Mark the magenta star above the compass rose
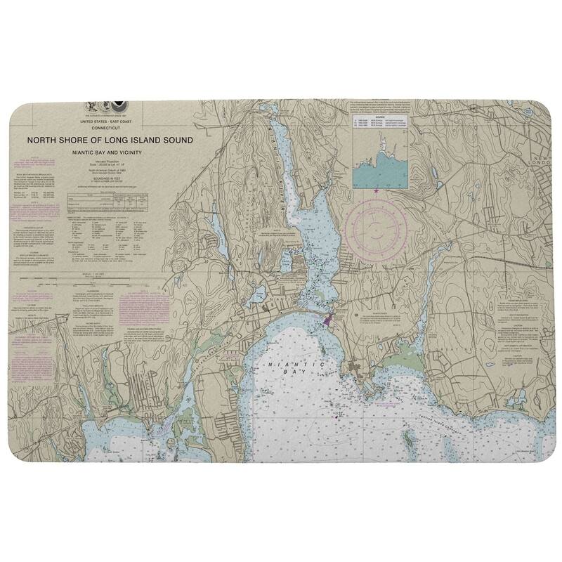pos(377,190)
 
